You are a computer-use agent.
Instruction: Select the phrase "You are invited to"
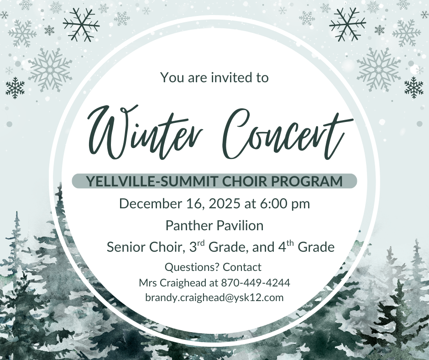(x=214, y=77)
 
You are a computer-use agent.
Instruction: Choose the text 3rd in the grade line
(x=197, y=247)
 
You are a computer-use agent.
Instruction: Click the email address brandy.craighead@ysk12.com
(x=214, y=297)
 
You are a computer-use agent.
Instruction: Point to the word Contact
(x=242, y=267)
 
